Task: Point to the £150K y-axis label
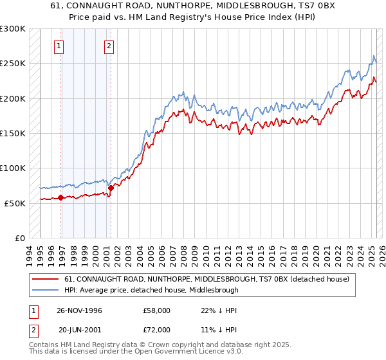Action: [12, 133]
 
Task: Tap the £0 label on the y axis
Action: [20, 238]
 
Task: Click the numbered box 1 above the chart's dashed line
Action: [59, 46]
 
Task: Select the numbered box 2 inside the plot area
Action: [109, 46]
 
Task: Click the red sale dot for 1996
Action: [61, 197]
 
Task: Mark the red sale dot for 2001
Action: [111, 188]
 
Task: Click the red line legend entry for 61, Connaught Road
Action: [206, 280]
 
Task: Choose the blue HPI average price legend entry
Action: [151, 290]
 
